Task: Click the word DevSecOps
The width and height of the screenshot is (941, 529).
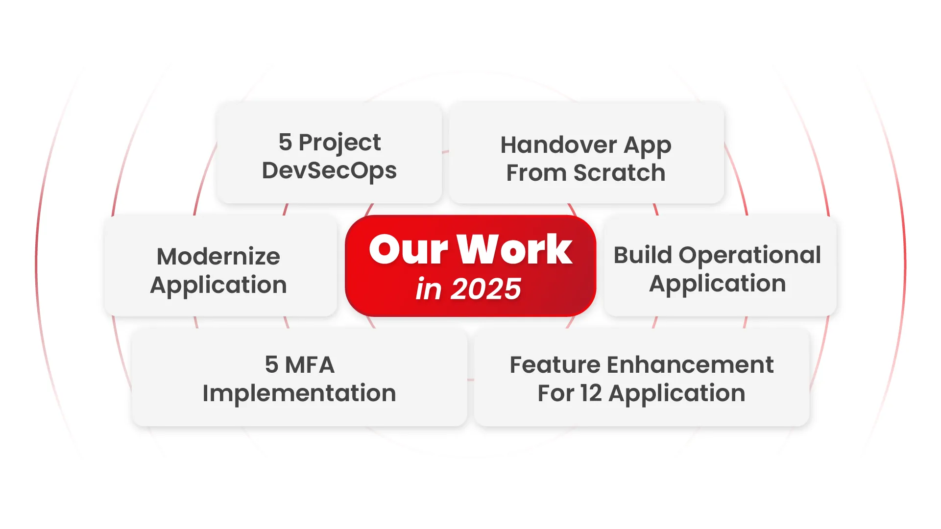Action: tap(329, 171)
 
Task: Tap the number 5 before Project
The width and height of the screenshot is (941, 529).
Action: tap(285, 143)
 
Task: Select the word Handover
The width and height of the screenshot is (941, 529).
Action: tap(558, 145)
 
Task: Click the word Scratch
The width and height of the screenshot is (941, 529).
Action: tap(620, 173)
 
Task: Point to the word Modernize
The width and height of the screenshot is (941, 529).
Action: tap(218, 257)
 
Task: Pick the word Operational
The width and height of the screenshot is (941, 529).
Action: tap(750, 255)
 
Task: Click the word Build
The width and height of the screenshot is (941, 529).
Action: tap(643, 255)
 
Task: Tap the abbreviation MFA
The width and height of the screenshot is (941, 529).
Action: tap(310, 365)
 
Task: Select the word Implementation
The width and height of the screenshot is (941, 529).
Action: tap(299, 393)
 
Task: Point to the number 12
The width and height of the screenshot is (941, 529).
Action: tap(591, 393)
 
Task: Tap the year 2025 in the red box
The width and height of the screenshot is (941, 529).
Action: tap(486, 289)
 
